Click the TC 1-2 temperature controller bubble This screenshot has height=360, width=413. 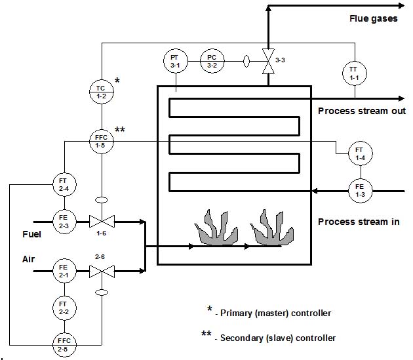point(102,91)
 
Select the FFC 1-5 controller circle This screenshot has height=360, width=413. point(102,140)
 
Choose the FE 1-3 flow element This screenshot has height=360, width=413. point(359,191)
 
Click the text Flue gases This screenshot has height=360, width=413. point(373,18)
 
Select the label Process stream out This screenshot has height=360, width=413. point(362,110)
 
